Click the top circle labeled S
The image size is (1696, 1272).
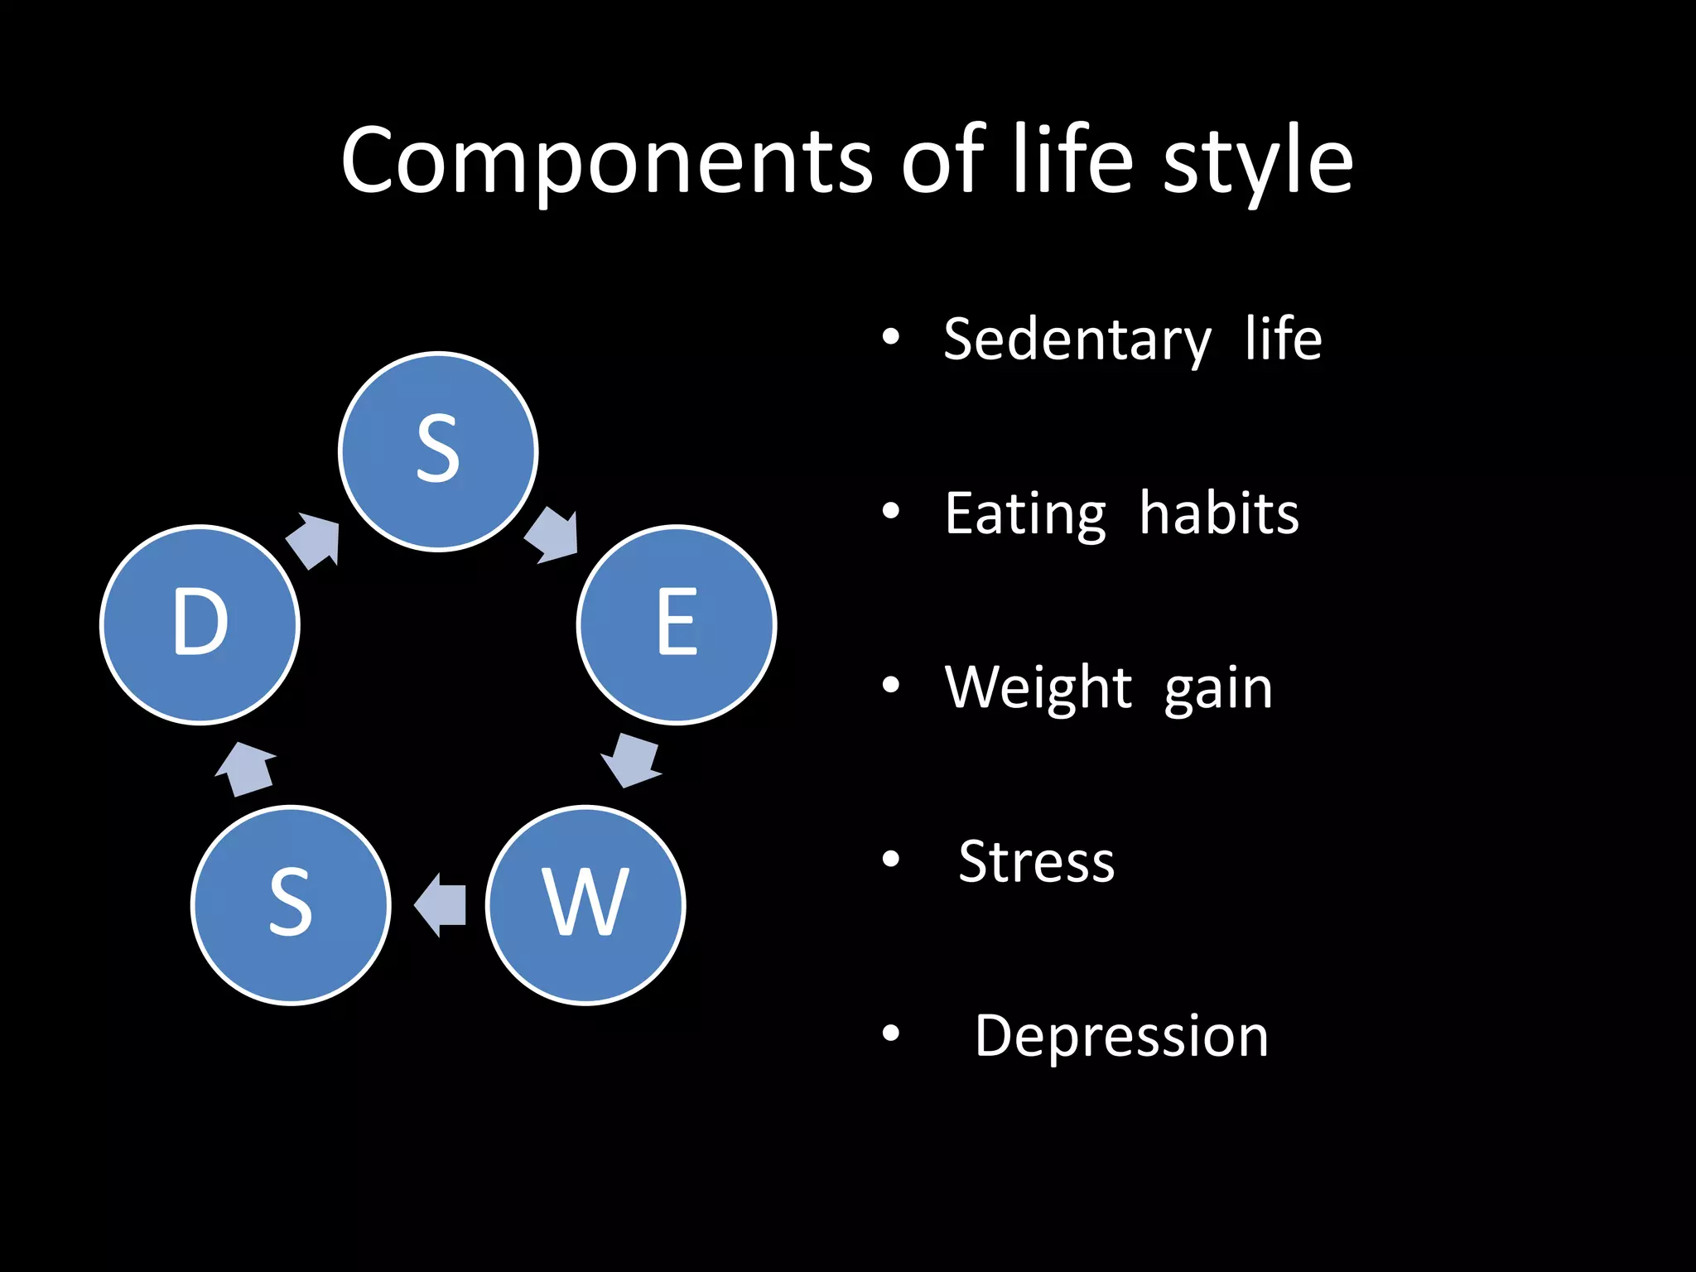438,451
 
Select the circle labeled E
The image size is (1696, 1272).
677,624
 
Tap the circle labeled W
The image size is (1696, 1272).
585,905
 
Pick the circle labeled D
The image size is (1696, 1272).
200,624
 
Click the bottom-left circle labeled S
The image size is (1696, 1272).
291,905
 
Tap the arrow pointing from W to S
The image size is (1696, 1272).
440,905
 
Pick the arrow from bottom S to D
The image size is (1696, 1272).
246,769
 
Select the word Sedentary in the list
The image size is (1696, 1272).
1077,340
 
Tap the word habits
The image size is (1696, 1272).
1218,514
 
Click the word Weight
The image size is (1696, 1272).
1038,688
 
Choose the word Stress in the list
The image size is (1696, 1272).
1036,862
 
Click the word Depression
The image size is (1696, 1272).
1121,1036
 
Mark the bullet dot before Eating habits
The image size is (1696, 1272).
890,512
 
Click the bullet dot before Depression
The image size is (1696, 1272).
890,1033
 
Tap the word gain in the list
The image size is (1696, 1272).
1218,690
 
